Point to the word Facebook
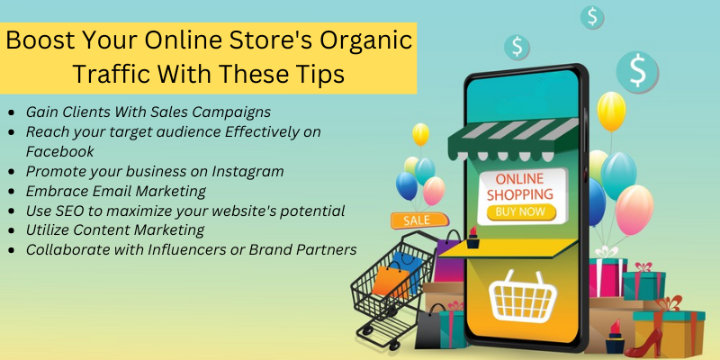(59, 151)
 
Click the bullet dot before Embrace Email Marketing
(11, 192)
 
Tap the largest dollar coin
(637, 71)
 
